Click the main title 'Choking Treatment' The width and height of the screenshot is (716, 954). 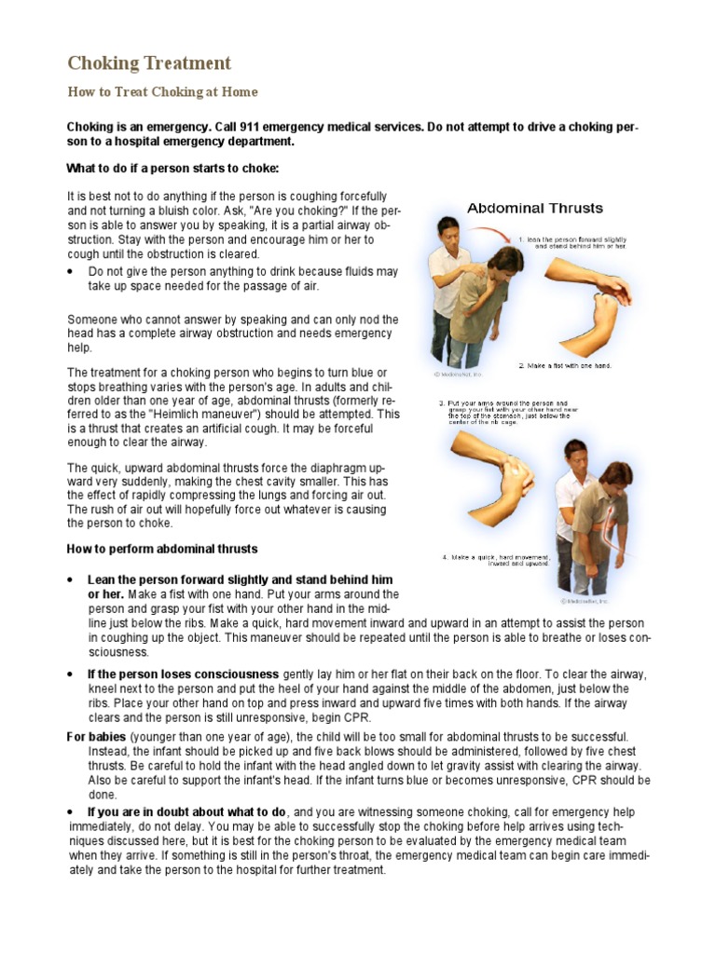coord(149,63)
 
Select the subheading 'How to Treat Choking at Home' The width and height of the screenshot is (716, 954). coord(162,92)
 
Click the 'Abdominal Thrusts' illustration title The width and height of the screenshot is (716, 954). coord(534,208)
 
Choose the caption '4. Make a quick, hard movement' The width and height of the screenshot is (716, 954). coord(495,558)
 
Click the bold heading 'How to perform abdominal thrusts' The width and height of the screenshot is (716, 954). coord(162,549)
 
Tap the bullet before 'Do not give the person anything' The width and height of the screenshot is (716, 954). coord(72,272)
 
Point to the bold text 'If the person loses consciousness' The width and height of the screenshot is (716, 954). coord(183,674)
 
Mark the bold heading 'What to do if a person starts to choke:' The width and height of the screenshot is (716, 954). coord(172,169)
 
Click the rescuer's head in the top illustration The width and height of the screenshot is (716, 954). coord(449,229)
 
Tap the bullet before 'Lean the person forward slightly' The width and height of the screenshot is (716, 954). coord(72,579)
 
